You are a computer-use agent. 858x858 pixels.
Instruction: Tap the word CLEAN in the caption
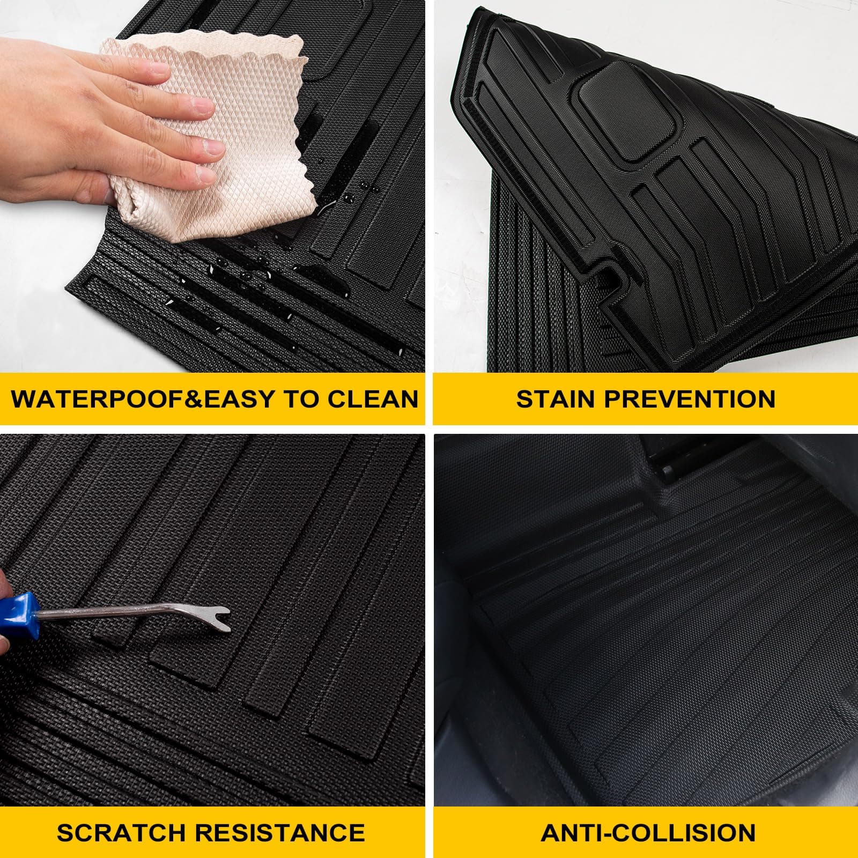tap(370, 400)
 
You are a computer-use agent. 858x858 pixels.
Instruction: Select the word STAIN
tap(558, 400)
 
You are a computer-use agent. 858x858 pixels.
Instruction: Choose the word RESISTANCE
tap(279, 832)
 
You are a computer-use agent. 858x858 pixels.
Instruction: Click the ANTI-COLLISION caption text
tap(648, 832)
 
